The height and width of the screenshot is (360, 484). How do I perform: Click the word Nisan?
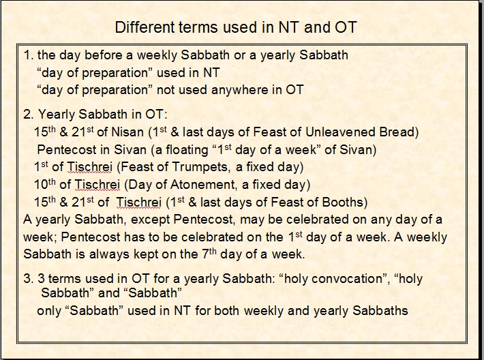[x=127, y=132]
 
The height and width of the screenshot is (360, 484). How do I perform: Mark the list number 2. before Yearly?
[x=29, y=115]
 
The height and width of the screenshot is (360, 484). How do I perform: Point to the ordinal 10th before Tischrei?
[x=45, y=184]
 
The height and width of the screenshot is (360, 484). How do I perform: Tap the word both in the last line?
[x=226, y=311]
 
